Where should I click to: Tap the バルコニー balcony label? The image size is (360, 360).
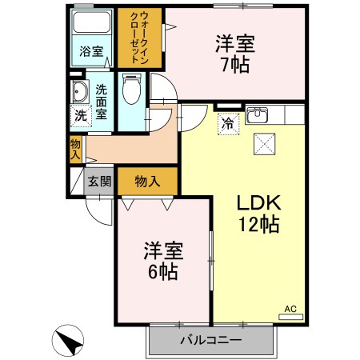pos(210,340)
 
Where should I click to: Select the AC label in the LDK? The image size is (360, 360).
pos(290,309)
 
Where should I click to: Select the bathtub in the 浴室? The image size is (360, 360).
pos(90,23)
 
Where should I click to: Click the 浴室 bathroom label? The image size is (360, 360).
pos(90,52)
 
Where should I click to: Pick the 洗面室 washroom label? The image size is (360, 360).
pos(102,101)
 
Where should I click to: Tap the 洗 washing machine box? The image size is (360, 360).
pos(80,114)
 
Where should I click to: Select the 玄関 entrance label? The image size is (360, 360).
pos(100,181)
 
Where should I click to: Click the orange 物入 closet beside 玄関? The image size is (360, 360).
pos(147,181)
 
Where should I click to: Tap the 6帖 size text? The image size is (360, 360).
pos(165,270)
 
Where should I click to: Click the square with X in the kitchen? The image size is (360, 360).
pos(264,143)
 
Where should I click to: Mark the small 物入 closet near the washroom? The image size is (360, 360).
pos(74,150)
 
